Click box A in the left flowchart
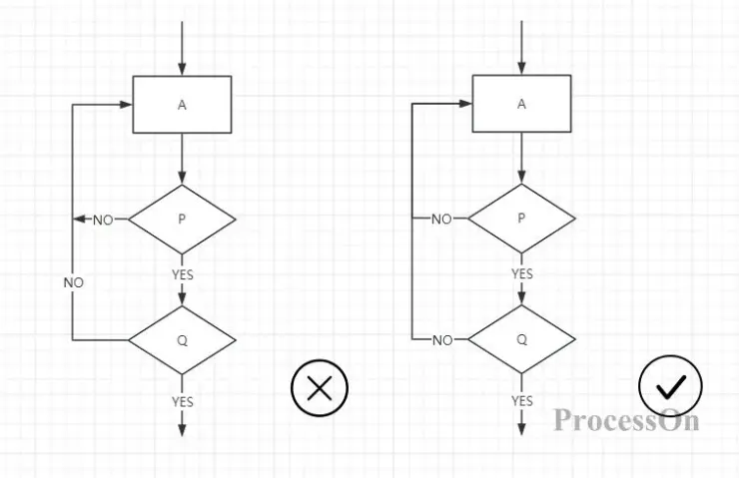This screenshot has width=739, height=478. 182,105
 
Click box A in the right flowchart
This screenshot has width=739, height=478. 521,104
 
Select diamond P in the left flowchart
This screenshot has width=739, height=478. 182,219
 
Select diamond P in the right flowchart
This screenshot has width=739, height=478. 521,218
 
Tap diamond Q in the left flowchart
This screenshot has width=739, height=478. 182,340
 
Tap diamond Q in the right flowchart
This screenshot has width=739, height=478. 521,339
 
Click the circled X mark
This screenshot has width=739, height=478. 320,388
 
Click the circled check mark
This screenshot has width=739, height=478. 670,386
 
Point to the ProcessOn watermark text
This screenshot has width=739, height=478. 627,420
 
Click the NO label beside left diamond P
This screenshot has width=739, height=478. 103,220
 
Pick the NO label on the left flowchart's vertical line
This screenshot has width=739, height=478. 74,282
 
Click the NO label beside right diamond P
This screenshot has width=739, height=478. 441,219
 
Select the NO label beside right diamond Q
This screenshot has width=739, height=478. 442,340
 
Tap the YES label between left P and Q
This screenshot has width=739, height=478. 183,274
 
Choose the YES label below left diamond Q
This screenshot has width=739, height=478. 183,402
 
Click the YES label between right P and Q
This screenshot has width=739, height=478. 522,273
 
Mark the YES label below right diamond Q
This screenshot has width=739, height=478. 522,401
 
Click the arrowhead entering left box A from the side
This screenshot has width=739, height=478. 126,105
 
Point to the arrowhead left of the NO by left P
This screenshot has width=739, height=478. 80,219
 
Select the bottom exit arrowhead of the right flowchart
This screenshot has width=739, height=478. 521,429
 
